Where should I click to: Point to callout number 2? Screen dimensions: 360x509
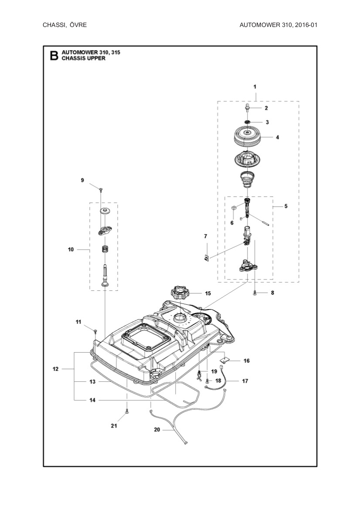pos(266,108)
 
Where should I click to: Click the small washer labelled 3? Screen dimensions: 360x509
pos(247,122)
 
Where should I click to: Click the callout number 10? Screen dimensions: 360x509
pos(70,249)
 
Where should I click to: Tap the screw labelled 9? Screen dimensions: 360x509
pos(101,189)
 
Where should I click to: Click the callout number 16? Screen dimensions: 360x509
pos(246,361)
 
